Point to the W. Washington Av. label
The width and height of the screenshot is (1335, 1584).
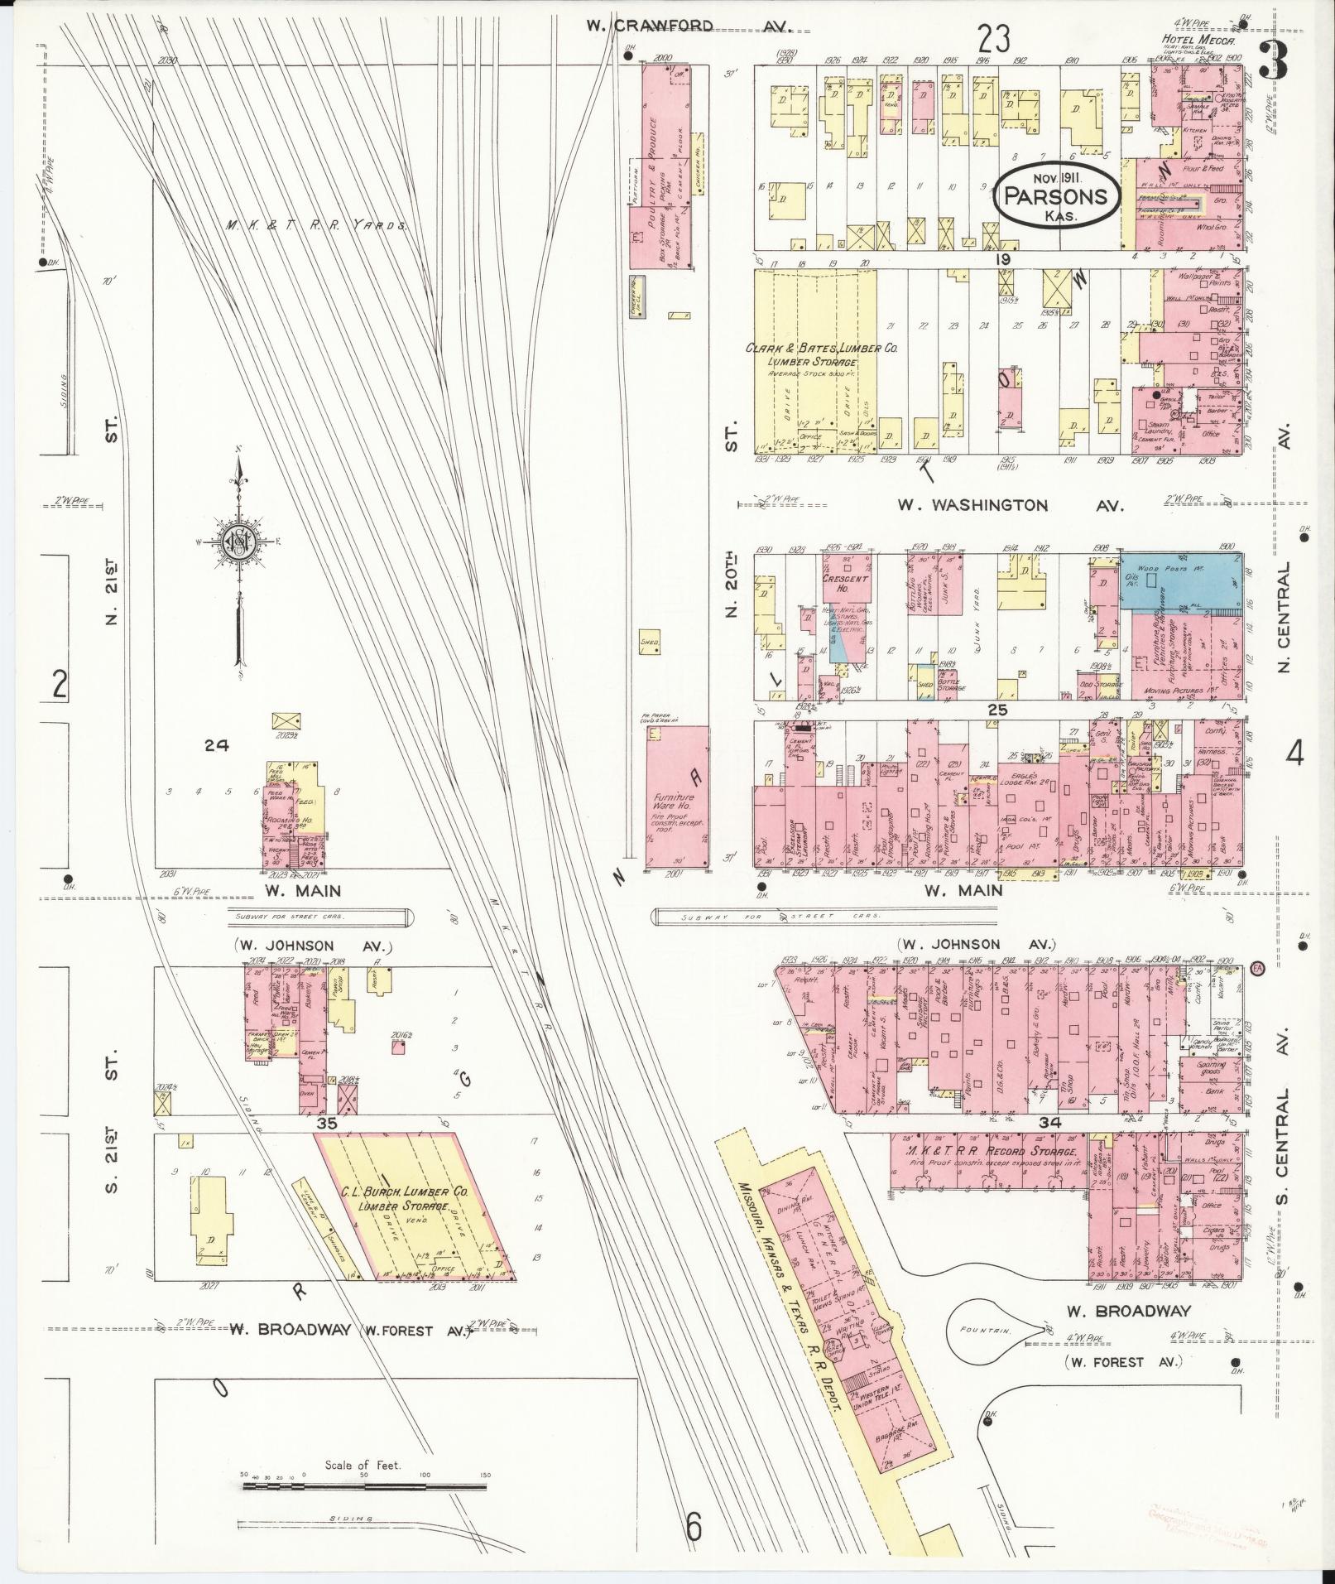point(1010,505)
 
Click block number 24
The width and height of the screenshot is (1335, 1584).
point(216,746)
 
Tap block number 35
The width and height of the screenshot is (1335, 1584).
point(325,1124)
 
